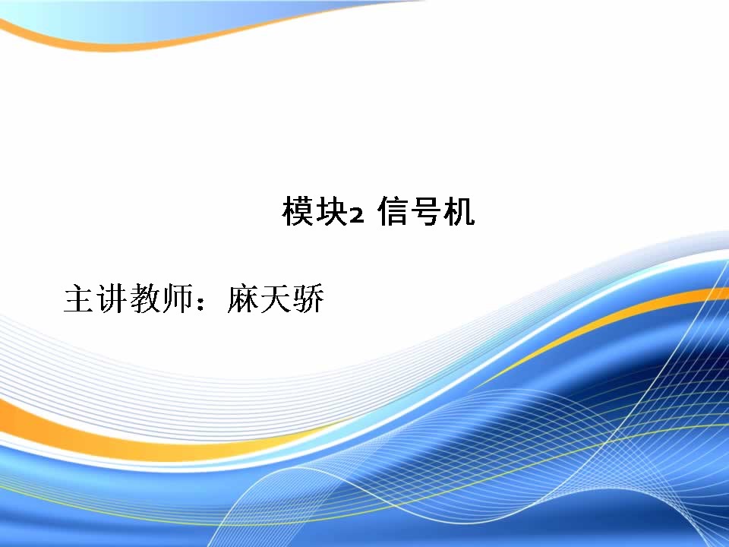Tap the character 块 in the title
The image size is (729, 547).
[331, 212]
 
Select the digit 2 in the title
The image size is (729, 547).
[355, 216]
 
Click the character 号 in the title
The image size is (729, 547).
[426, 212]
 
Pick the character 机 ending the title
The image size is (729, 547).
[459, 212]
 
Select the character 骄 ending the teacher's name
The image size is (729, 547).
[308, 298]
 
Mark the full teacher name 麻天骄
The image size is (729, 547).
[276, 298]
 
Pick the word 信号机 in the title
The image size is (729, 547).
[426, 212]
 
